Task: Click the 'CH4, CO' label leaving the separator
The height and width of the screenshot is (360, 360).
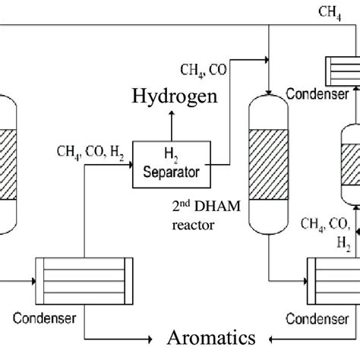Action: (203, 71)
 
